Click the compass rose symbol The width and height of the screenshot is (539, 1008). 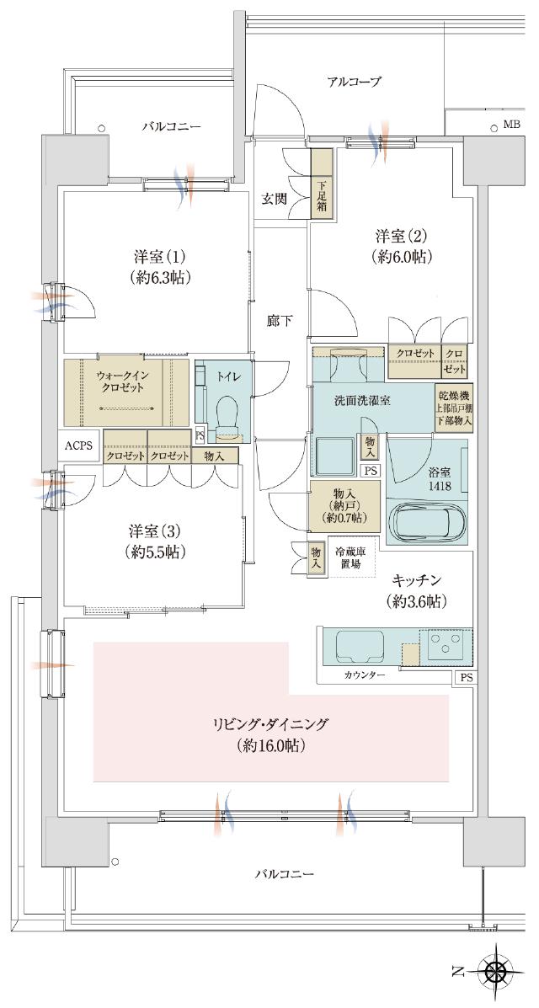tap(497, 971)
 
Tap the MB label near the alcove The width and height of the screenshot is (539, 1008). tap(511, 125)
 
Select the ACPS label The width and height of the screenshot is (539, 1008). tap(80, 445)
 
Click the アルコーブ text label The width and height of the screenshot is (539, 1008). tap(354, 82)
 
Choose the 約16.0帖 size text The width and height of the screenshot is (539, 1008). tap(270, 745)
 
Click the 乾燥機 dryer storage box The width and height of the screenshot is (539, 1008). tap(454, 407)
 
